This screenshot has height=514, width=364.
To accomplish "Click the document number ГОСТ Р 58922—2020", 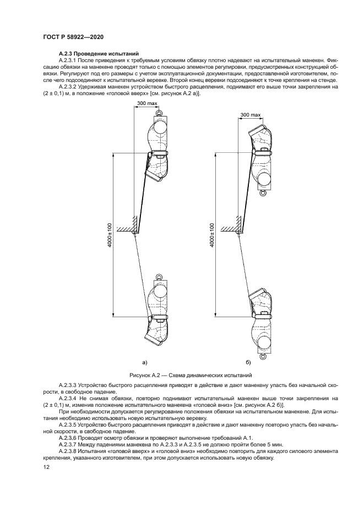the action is (x=73, y=37).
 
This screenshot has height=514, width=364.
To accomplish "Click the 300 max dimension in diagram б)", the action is (x=251, y=115).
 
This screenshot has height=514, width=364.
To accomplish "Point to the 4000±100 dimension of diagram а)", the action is (x=110, y=235).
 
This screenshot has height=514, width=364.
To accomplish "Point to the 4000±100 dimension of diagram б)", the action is (x=212, y=235).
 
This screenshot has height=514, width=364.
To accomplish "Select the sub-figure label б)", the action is (x=248, y=362).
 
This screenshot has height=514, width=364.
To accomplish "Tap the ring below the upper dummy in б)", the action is (x=263, y=194).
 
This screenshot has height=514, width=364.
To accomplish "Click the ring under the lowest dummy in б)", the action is (x=263, y=357).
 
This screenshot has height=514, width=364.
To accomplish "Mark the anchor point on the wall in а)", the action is (x=134, y=233).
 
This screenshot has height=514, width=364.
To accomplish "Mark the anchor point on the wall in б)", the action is (x=238, y=233).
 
